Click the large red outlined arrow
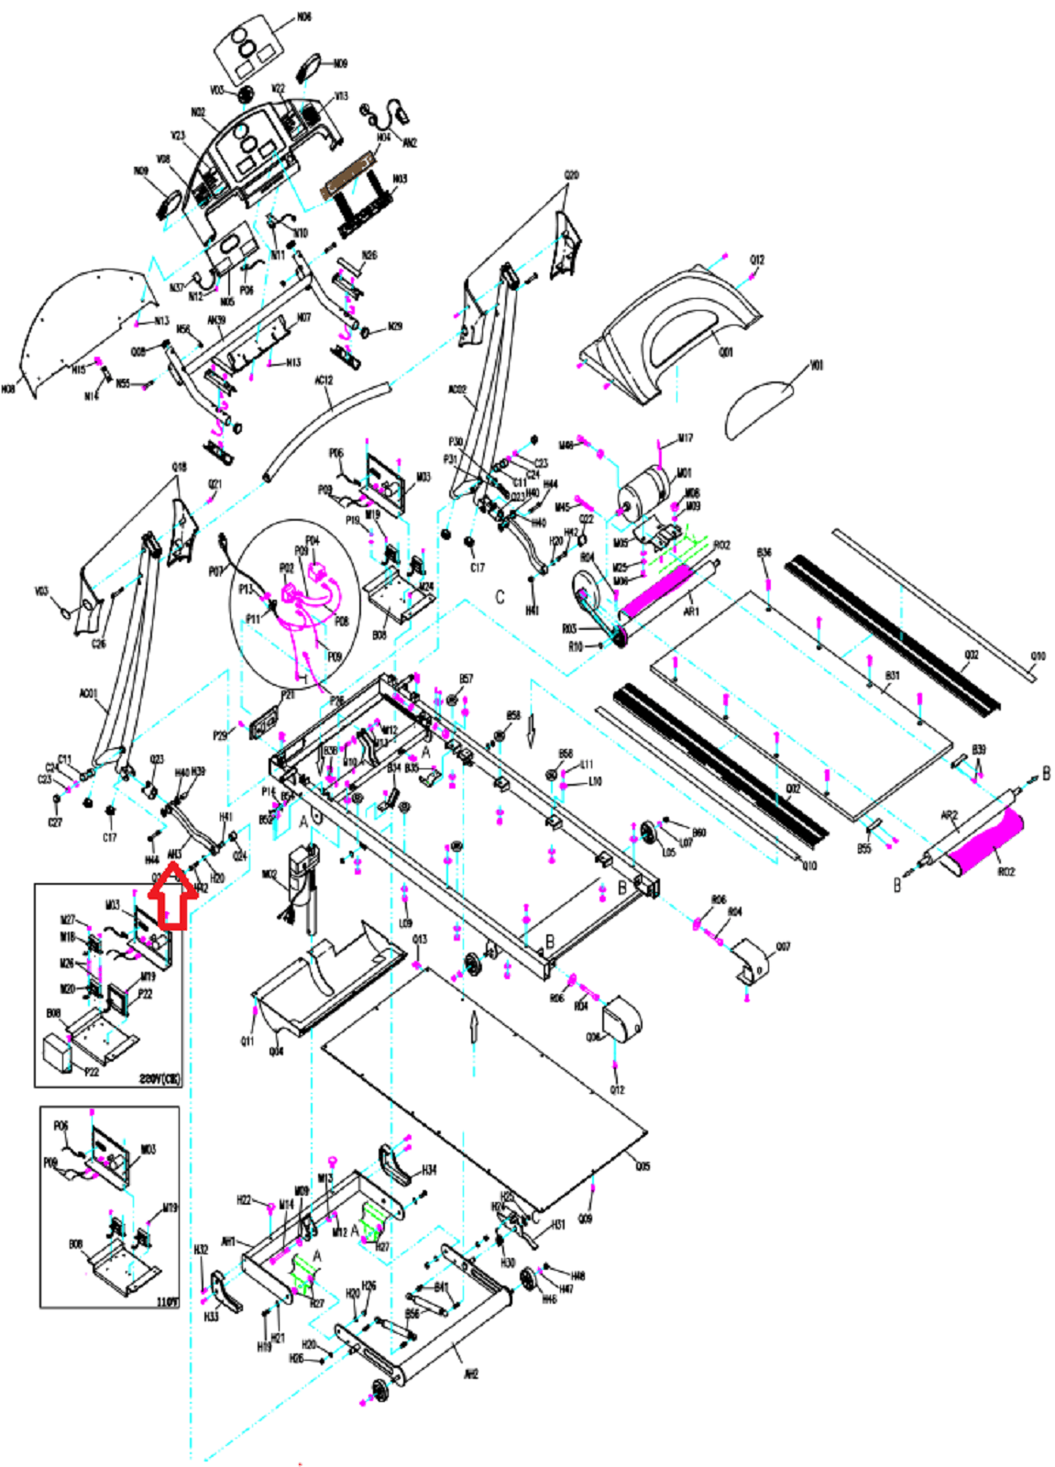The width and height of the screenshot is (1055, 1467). (x=171, y=899)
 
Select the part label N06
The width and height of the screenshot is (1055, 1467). (x=303, y=17)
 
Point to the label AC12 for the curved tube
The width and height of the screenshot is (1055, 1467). (x=324, y=380)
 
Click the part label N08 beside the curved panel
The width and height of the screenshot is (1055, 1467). (x=8, y=390)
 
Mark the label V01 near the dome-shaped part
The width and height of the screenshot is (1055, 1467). (x=816, y=365)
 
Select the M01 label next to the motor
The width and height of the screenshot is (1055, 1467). (x=684, y=474)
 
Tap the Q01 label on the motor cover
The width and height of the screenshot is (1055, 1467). (x=726, y=352)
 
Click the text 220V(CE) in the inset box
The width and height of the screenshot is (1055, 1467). (x=159, y=1079)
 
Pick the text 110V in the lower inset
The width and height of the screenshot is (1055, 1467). (x=167, y=1301)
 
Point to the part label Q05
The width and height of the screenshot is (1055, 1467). (x=643, y=1166)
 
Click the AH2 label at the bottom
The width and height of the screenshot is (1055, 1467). (x=470, y=1373)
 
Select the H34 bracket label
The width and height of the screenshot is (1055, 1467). (x=429, y=1170)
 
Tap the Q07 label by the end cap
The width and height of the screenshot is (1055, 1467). (x=783, y=947)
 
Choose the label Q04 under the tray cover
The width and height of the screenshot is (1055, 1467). (x=276, y=1051)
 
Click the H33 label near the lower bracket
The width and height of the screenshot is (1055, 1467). (x=211, y=1317)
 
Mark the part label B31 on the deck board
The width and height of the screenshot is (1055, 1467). (x=891, y=676)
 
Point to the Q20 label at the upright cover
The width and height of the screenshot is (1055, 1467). (x=571, y=175)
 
